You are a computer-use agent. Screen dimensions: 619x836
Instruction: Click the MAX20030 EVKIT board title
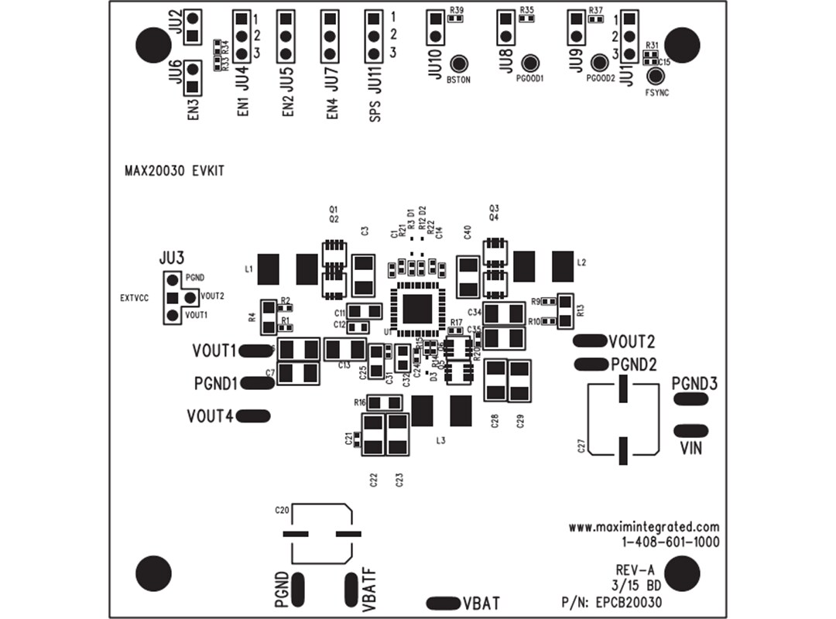tap(174, 172)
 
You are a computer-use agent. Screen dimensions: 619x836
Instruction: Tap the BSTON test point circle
tap(460, 64)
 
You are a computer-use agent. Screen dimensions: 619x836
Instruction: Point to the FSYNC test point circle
tap(656, 76)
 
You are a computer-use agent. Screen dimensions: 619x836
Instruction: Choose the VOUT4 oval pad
tap(254, 416)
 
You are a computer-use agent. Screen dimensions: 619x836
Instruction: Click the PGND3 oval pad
tap(690, 398)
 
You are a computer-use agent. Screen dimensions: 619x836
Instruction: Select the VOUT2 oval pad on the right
tap(590, 341)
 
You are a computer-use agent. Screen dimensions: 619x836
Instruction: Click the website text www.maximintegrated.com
tap(644, 527)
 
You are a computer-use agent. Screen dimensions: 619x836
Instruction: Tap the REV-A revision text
tap(636, 570)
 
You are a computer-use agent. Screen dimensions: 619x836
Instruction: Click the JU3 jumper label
tap(172, 257)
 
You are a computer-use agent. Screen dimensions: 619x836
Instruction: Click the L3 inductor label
tap(441, 440)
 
